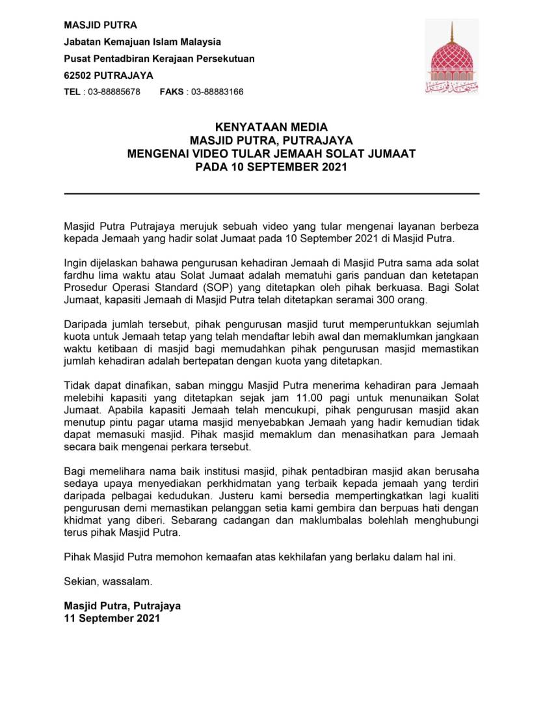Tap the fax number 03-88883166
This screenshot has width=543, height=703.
pos(216,92)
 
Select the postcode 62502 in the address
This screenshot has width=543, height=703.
pos(77,75)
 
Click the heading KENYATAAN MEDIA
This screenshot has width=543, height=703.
pos(271,127)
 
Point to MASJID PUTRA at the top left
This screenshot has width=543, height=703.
pos(100,25)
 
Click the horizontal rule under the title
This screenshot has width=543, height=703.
pos(271,194)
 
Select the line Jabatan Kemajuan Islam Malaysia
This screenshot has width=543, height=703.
pos(142,42)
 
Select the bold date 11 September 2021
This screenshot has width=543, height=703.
pos(111,618)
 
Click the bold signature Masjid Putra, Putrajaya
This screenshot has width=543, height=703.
pos(122,605)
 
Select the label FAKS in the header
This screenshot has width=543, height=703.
pos(172,92)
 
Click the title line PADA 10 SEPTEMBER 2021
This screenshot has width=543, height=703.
pos(271,166)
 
